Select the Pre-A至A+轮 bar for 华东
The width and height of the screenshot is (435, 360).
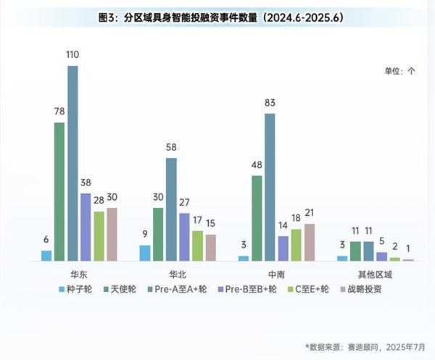[72, 163]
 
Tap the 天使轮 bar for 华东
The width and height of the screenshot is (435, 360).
[59, 192]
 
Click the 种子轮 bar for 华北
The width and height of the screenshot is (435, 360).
[145, 253]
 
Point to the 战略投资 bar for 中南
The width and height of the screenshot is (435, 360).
[310, 242]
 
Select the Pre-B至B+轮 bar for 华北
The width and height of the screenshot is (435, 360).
[184, 237]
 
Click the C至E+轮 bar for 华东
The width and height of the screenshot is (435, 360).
[99, 236]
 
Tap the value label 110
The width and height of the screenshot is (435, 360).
[72, 55]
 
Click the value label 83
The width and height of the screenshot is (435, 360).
[270, 103]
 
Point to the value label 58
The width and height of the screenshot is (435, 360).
[171, 147]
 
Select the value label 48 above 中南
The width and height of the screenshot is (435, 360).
[257, 164]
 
